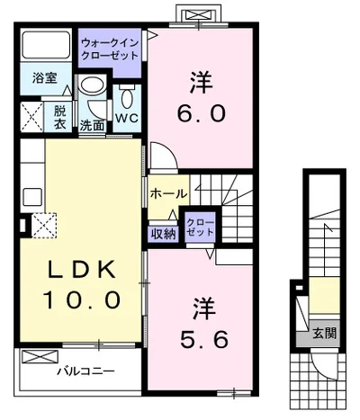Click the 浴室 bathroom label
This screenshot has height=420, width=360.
[x=45, y=78]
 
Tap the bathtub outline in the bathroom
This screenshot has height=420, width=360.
[x=46, y=45]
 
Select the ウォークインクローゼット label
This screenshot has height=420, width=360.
[x=110, y=49]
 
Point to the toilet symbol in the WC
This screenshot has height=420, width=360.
[x=127, y=95]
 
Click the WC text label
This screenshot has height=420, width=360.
[x=127, y=119]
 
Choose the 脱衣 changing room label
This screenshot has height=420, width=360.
[x=59, y=118]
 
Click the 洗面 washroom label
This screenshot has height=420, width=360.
[x=92, y=126]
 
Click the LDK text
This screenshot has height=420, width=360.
[x=82, y=270]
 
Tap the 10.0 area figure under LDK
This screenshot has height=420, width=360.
[x=82, y=300]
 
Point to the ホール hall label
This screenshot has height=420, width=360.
[x=168, y=193]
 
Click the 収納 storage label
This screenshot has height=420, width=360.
[x=163, y=234]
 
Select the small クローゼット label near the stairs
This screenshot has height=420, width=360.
[x=200, y=228]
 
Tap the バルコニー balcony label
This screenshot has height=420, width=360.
[x=85, y=371]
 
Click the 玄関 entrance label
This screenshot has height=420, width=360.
[x=324, y=334]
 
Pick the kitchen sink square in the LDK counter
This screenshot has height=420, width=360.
[x=32, y=197]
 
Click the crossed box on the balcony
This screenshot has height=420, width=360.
[x=40, y=357]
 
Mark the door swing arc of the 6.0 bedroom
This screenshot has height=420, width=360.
[x=170, y=149]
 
